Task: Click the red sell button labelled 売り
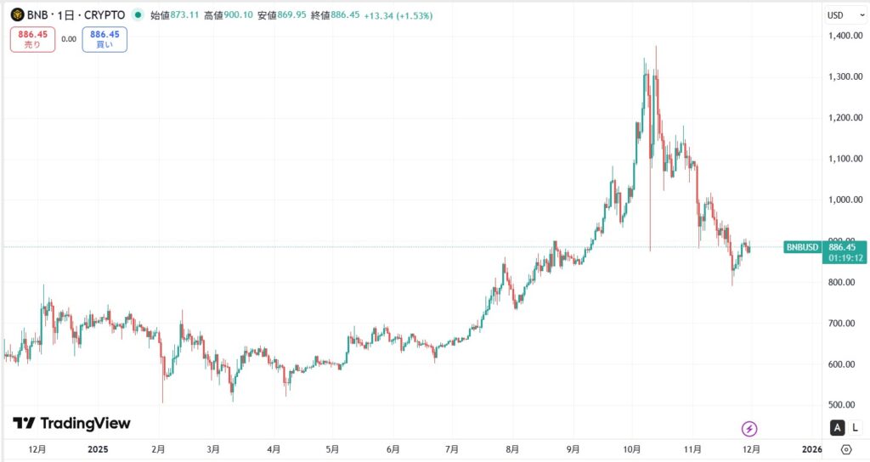[x=32, y=39]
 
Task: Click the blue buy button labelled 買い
[x=105, y=39]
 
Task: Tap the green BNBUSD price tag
[x=803, y=247]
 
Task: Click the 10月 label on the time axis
[x=631, y=448]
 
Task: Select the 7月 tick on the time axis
[x=452, y=448]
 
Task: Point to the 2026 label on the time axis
[x=811, y=448]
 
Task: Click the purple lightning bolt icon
[x=749, y=429]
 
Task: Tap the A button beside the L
[x=838, y=427]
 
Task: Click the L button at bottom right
[x=854, y=427]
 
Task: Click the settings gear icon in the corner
[x=846, y=449]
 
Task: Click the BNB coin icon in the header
[x=17, y=14]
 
